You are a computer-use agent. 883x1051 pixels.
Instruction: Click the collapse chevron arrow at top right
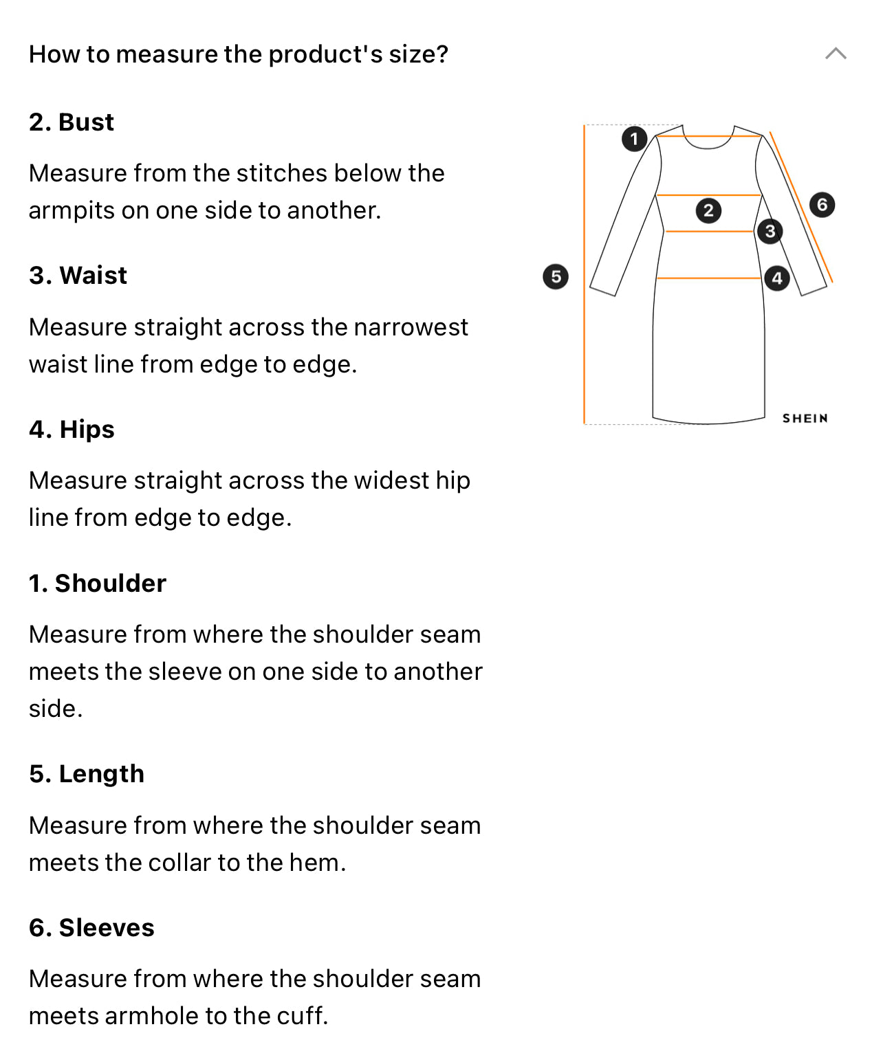click(836, 54)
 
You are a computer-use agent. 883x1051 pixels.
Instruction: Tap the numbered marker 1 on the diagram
click(634, 139)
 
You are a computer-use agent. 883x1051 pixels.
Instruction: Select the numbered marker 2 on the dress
click(708, 210)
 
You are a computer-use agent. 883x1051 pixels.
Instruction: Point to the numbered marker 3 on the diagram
click(770, 232)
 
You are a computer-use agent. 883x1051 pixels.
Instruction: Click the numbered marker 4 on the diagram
click(776, 278)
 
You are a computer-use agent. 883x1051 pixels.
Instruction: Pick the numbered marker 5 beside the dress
click(556, 277)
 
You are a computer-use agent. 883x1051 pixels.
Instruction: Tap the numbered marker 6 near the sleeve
click(822, 205)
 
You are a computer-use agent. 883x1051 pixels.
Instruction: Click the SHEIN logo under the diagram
click(805, 419)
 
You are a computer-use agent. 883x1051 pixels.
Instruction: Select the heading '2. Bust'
click(72, 122)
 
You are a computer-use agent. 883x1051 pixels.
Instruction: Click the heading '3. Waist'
click(78, 276)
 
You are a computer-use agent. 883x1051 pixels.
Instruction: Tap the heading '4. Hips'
click(72, 430)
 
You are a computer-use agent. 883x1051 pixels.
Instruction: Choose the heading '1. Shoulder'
click(98, 584)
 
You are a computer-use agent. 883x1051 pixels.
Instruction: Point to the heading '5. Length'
click(87, 774)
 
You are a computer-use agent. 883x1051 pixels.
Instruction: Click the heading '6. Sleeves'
click(91, 928)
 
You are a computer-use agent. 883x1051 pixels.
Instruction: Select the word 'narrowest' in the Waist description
click(411, 327)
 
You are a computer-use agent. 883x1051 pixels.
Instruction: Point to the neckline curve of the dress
click(708, 148)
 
